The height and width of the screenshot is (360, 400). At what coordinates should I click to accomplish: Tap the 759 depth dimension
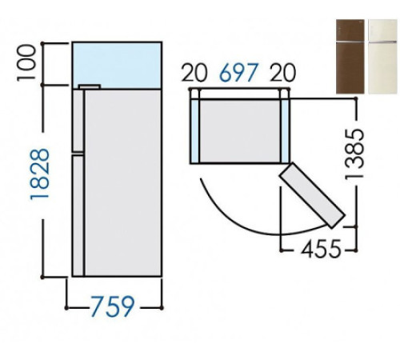[x=111, y=306]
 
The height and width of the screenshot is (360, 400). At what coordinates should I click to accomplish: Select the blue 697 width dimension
[x=237, y=74]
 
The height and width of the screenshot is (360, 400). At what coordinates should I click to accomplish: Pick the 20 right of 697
[x=282, y=74]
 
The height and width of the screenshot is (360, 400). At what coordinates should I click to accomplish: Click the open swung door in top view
[x=313, y=197]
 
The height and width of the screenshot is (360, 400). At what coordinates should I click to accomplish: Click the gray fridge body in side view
[x=124, y=184]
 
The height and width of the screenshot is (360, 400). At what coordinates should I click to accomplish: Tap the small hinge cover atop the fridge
[x=89, y=86]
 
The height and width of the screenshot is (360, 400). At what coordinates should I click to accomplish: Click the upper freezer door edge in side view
[x=78, y=120]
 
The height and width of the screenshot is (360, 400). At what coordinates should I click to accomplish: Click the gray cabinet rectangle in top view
[x=239, y=128]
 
